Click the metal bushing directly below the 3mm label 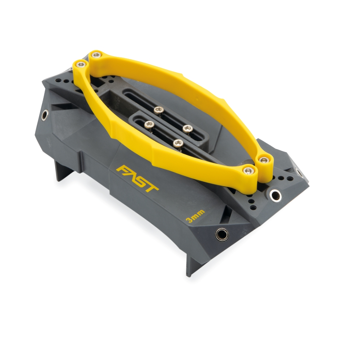coord(222,234)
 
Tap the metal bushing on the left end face coord(45,115)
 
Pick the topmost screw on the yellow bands coord(96,55)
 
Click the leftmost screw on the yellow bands coord(81,64)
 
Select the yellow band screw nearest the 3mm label coord(248,170)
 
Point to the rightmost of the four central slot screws coord(188,128)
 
